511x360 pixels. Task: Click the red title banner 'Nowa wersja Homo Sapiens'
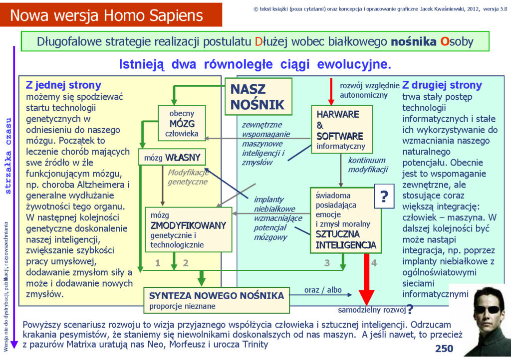pyautogui.click(x=111, y=15)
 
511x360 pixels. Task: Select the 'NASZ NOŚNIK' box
pyautogui.click(x=258, y=97)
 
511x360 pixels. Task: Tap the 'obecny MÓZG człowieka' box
pyautogui.click(x=182, y=123)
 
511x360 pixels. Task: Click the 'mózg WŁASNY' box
pyautogui.click(x=172, y=158)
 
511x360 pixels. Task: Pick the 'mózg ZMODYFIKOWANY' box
pyautogui.click(x=189, y=230)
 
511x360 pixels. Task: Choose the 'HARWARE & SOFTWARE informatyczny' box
pyautogui.click(x=342, y=130)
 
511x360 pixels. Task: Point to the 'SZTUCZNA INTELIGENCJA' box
pyautogui.click(x=345, y=221)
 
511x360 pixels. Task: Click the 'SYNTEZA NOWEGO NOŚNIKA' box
pyautogui.click(x=217, y=300)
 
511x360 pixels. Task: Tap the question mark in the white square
pyautogui.click(x=384, y=196)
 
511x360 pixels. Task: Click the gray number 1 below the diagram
pyautogui.click(x=158, y=263)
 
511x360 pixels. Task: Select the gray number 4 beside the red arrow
pyautogui.click(x=374, y=263)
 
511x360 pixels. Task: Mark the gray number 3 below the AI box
pyautogui.click(x=327, y=263)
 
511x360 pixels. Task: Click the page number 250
pyautogui.click(x=444, y=349)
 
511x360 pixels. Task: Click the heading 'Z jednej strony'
pyautogui.click(x=63, y=85)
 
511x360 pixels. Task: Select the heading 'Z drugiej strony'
pyautogui.click(x=442, y=85)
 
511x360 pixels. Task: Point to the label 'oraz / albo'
pyautogui.click(x=323, y=290)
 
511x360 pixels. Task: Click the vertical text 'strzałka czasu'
pyautogui.click(x=8, y=156)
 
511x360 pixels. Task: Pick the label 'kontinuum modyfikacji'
pyautogui.click(x=368, y=165)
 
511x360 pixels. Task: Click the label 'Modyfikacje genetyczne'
pyautogui.click(x=188, y=177)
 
